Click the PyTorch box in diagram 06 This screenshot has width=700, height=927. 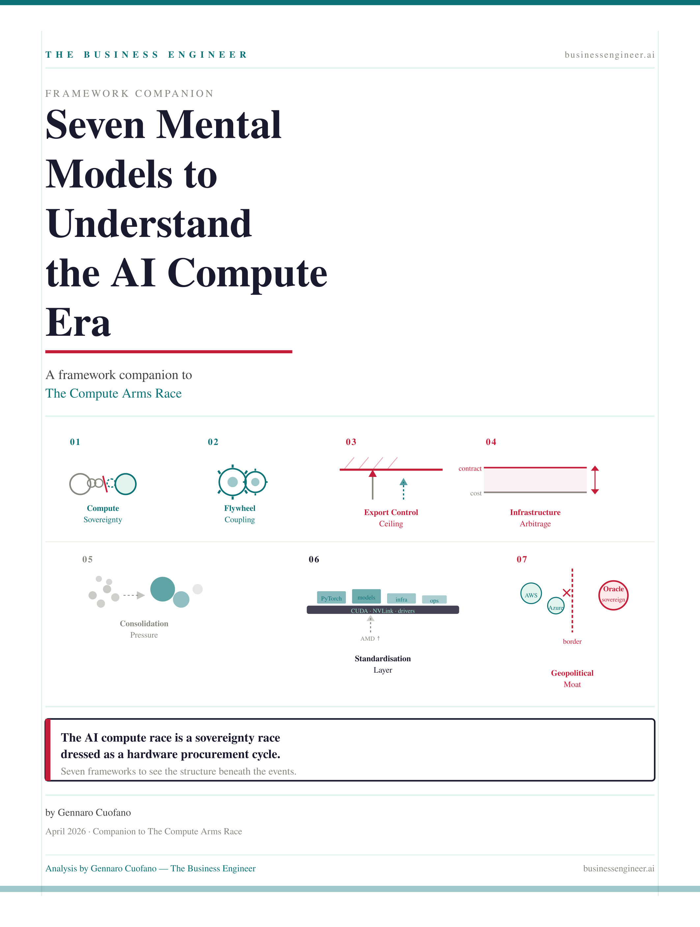[x=331, y=597]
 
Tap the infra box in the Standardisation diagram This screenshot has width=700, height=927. [x=401, y=599]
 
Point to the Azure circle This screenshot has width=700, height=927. [x=556, y=606]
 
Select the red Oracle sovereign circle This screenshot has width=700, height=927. [x=613, y=595]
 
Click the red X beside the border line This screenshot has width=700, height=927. [x=566, y=593]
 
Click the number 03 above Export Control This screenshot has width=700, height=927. [x=351, y=442]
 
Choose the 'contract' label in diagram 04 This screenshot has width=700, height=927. [x=470, y=469]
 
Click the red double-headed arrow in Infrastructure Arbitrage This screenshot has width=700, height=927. [x=595, y=480]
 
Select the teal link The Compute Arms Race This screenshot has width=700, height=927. [x=114, y=393]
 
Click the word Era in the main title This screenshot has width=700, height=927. [x=78, y=323]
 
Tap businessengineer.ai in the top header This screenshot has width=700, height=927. [x=609, y=55]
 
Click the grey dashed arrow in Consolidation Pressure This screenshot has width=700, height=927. [x=134, y=595]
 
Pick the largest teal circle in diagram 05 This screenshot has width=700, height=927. [x=162, y=589]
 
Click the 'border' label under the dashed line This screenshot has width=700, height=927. [x=572, y=642]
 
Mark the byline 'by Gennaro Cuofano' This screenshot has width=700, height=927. [x=88, y=813]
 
